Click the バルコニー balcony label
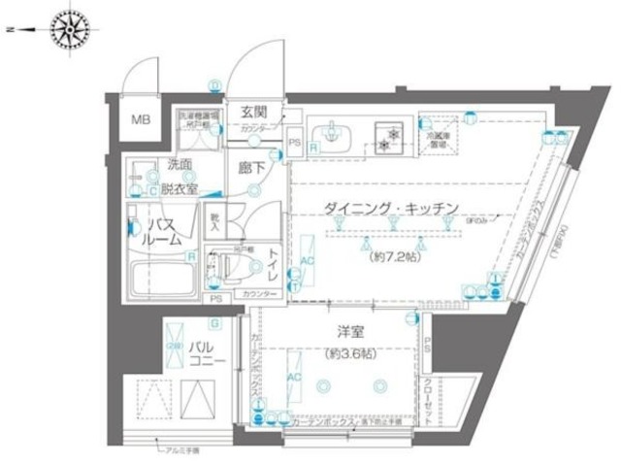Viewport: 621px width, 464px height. tap(208, 352)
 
